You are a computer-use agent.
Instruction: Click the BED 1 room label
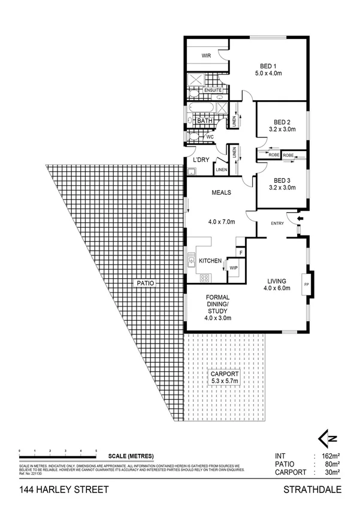[x=268, y=66]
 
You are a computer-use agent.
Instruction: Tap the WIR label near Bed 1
[x=207, y=56]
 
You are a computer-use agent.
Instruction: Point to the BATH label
[x=205, y=121]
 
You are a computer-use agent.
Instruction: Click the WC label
[x=210, y=137]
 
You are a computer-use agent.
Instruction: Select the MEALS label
[x=222, y=193]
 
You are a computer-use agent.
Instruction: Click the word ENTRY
[x=277, y=224]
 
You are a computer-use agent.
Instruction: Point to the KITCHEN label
[x=210, y=261]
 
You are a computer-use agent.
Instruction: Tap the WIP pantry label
[x=234, y=267]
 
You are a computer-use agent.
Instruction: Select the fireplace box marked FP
[x=306, y=284]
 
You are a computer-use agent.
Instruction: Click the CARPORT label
[x=225, y=374]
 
